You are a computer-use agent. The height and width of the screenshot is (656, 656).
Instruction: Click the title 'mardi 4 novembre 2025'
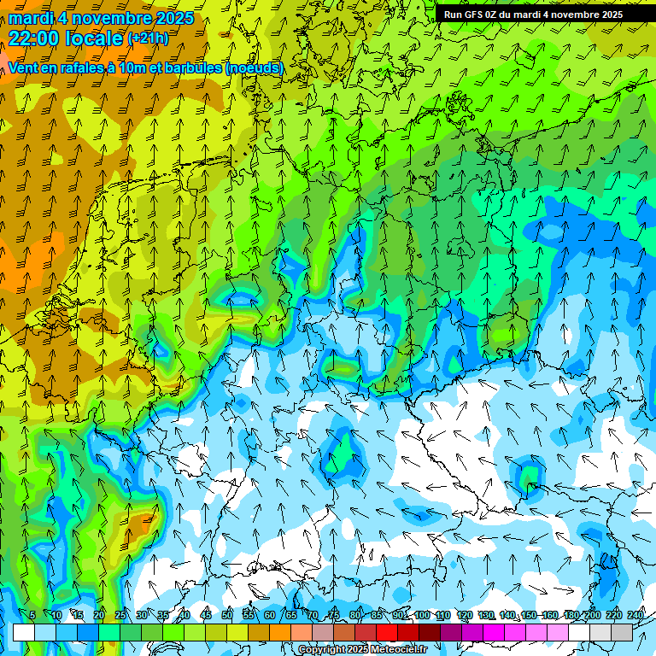click(x=101, y=18)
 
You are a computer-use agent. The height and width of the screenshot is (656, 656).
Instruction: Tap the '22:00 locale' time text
click(x=66, y=38)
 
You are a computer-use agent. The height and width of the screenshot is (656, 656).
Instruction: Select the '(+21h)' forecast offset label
click(x=148, y=38)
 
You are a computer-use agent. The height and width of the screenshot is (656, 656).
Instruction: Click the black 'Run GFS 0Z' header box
click(x=533, y=14)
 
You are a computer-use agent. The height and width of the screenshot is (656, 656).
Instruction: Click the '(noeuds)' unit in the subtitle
click(x=255, y=67)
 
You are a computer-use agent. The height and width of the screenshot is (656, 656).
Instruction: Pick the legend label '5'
click(x=32, y=616)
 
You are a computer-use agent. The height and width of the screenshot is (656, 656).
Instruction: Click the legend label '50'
click(x=227, y=616)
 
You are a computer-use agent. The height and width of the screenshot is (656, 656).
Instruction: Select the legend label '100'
click(x=421, y=616)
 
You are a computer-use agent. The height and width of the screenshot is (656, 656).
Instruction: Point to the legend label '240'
click(x=635, y=616)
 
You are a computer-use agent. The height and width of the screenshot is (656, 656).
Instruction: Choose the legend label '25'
click(x=120, y=616)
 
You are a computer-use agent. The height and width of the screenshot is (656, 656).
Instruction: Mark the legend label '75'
click(x=334, y=616)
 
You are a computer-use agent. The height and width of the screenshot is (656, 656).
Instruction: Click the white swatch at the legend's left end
click(x=24, y=632)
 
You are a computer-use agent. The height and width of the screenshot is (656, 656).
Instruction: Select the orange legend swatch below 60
click(x=259, y=632)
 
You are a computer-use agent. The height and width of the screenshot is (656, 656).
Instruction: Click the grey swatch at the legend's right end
click(x=622, y=632)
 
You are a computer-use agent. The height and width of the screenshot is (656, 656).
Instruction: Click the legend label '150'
click(x=529, y=616)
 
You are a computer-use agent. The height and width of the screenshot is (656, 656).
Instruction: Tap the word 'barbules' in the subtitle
click(x=193, y=67)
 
